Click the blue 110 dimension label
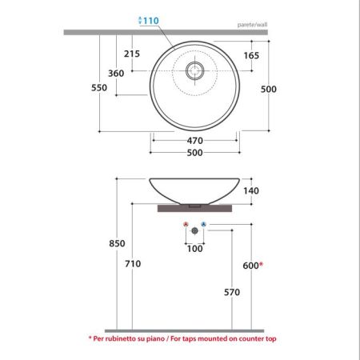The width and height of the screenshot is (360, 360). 151,21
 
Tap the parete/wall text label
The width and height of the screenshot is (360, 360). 252,25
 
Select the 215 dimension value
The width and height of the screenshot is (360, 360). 132,54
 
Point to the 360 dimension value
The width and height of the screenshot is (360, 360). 116,74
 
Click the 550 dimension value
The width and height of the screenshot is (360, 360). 99,88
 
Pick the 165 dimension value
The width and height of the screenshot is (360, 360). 251,55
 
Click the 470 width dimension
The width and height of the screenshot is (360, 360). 195,141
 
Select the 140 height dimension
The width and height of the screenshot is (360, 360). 251,190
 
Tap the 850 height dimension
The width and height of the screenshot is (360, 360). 117,243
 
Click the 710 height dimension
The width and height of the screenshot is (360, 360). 133,264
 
